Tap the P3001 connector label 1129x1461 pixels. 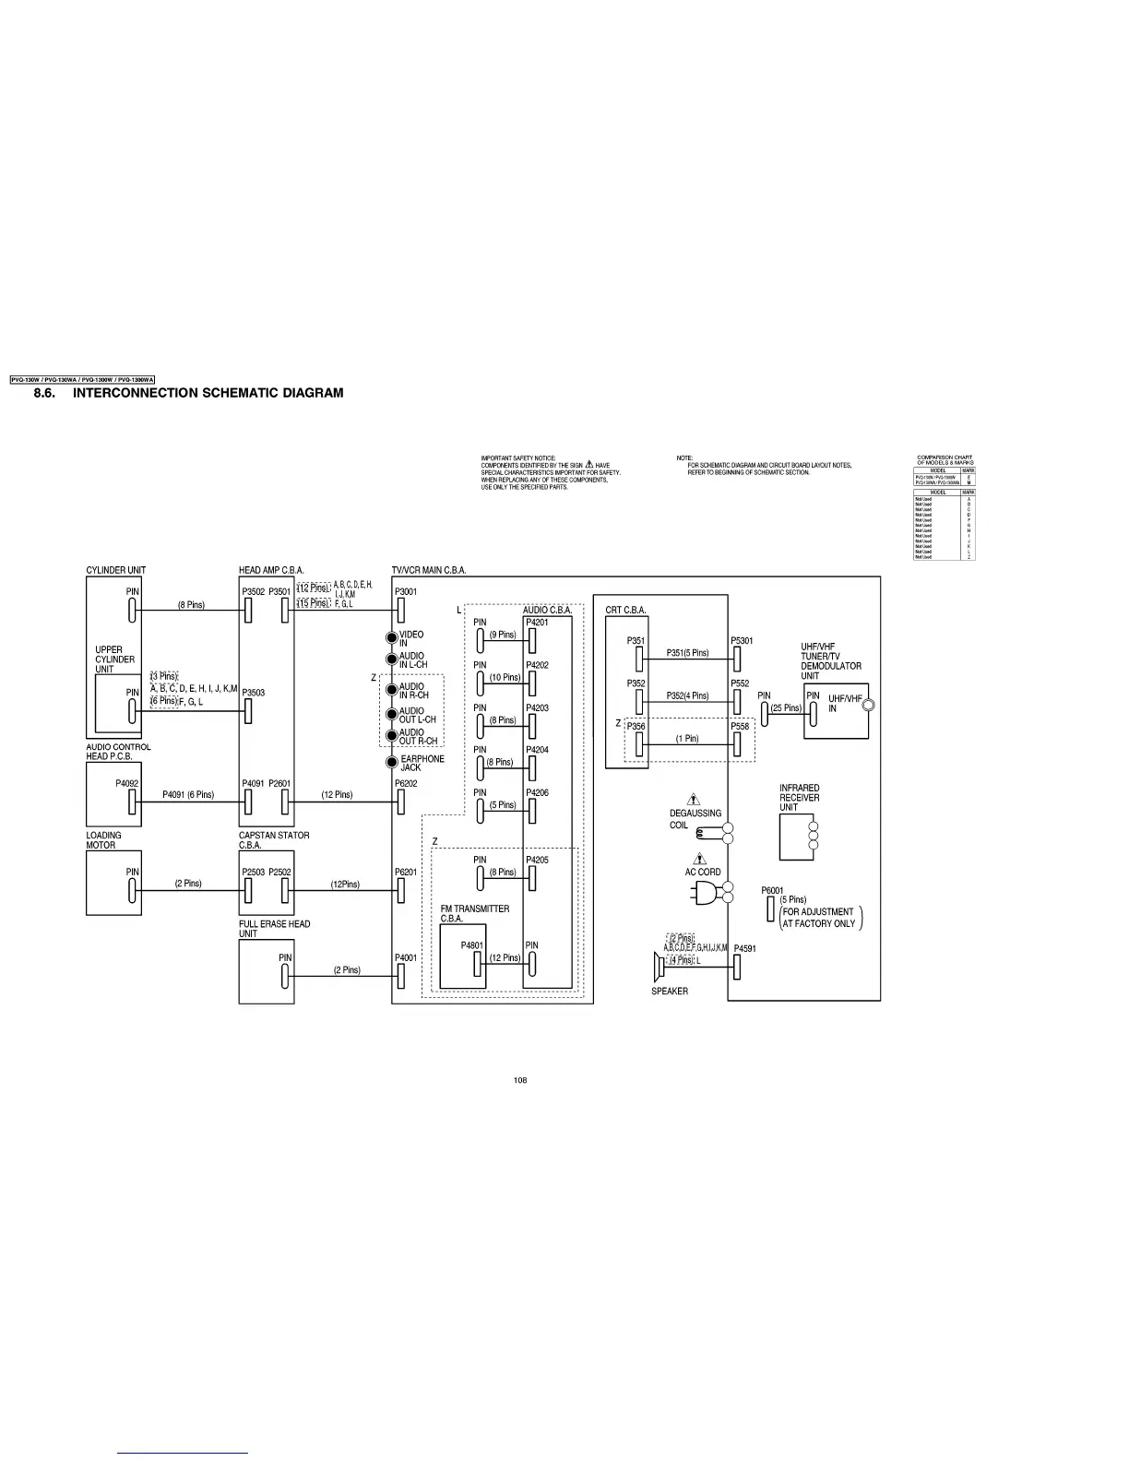(x=406, y=592)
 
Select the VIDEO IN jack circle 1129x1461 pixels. (x=392, y=638)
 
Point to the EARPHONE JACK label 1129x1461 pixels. (x=422, y=763)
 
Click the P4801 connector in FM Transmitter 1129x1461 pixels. (x=478, y=964)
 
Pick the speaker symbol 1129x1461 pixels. (x=659, y=967)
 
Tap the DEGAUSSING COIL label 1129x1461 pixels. (x=695, y=819)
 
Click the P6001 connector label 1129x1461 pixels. (x=772, y=890)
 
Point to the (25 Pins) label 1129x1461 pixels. (x=786, y=708)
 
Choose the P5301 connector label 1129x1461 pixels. (x=742, y=641)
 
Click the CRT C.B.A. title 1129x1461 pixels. (x=625, y=611)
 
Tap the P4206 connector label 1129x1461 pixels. (x=537, y=792)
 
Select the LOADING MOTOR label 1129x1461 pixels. (x=103, y=840)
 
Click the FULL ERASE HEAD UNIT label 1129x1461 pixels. (x=274, y=928)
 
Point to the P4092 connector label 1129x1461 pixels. (x=127, y=783)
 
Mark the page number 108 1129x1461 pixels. (x=520, y=1080)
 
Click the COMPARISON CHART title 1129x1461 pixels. (x=945, y=460)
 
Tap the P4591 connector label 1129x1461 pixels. (x=745, y=948)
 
